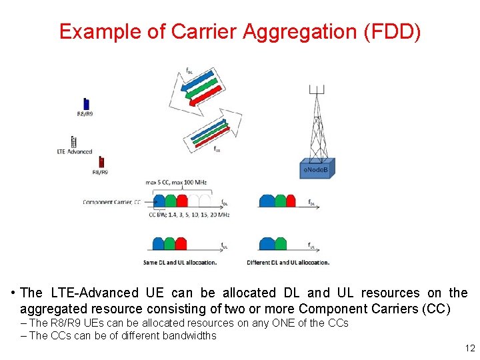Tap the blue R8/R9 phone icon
point(86,103)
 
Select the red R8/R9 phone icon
point(101,162)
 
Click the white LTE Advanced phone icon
point(73,142)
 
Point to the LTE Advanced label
point(75,152)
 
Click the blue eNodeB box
point(316,170)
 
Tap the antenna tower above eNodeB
point(319,123)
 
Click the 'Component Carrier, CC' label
point(111,202)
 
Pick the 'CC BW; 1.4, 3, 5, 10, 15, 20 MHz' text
point(189,215)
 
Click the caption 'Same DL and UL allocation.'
point(180,262)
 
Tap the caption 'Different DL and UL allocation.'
point(288,262)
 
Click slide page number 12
point(469,349)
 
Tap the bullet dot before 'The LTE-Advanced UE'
point(13,293)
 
